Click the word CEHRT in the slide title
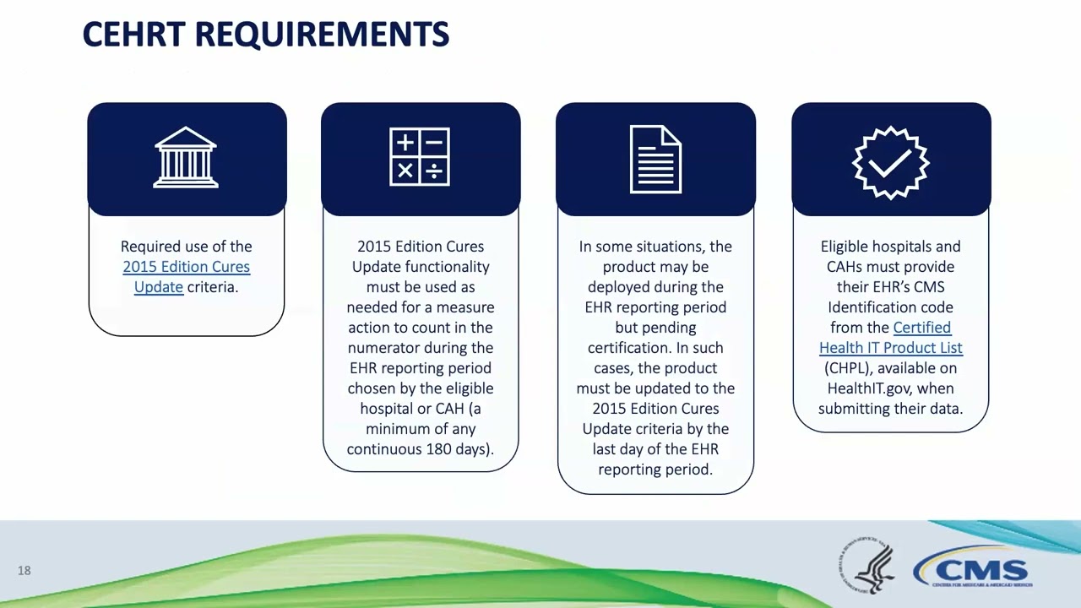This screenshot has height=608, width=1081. point(135,35)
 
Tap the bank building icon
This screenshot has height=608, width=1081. point(186,158)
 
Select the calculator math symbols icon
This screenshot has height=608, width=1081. point(420,158)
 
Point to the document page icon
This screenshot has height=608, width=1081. point(655,159)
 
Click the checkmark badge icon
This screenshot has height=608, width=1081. point(890,161)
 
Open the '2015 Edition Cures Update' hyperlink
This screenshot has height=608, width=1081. point(186,267)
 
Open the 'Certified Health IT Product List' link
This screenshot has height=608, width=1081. point(890,338)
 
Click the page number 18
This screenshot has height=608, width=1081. point(24,571)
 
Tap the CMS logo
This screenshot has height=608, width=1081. point(972,567)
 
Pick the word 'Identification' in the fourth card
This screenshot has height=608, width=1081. point(890,307)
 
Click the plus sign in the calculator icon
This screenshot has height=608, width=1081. point(405,143)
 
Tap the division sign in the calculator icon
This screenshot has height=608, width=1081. point(434,171)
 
